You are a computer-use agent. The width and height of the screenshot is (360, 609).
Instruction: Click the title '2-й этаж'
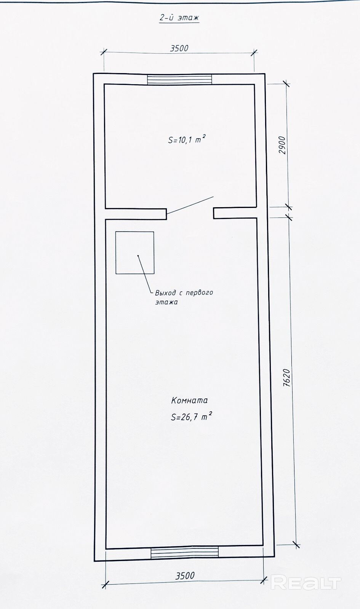click(179, 18)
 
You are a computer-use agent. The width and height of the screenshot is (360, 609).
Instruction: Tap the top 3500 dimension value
click(179, 48)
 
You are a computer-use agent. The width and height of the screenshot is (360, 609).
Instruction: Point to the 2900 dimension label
click(283, 145)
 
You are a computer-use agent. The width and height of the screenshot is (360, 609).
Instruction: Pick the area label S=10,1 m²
click(187, 140)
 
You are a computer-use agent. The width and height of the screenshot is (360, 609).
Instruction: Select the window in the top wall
click(179, 79)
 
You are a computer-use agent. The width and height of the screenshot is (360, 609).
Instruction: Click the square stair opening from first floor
click(135, 253)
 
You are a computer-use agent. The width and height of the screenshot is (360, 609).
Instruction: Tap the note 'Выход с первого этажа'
click(184, 297)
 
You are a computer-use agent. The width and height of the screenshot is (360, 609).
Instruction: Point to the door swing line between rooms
click(190, 205)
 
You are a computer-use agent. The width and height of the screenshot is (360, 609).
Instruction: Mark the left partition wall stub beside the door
click(136, 214)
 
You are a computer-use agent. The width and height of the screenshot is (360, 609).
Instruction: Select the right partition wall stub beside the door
click(235, 213)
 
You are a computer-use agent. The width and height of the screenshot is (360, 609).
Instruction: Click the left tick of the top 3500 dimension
click(104, 52)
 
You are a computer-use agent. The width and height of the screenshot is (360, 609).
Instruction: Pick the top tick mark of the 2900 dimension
click(286, 83)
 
